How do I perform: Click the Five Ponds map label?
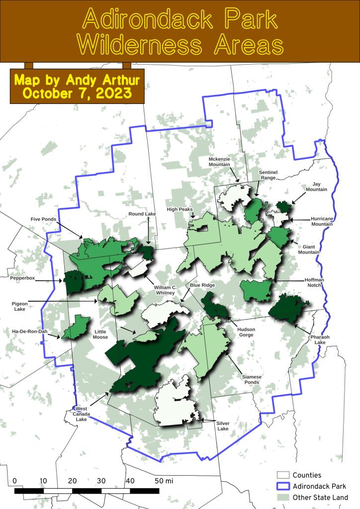coord(43,219)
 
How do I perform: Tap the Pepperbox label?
coord(23,279)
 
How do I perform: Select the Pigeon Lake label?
coord(20,306)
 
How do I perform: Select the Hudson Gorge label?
coord(246,332)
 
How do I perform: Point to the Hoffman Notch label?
coord(314,283)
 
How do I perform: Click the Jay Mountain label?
coord(317,186)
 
